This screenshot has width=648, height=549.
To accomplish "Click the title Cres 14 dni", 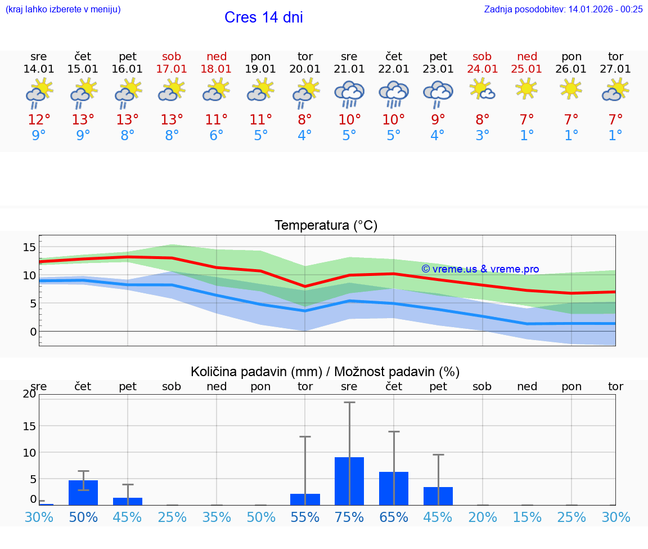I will (263, 17).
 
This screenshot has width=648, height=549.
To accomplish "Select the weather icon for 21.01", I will (349, 93).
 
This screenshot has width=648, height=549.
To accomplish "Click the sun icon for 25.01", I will (526, 88).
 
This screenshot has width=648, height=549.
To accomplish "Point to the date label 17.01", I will (172, 69).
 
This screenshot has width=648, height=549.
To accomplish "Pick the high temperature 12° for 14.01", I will (39, 120).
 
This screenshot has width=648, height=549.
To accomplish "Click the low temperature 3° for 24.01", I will (482, 136).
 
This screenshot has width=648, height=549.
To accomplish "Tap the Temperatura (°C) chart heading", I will (326, 226).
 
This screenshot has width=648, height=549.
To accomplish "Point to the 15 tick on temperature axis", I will (29, 247).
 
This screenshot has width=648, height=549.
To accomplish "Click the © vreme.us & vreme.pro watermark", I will (480, 269).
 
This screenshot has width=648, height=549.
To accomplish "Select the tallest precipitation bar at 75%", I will (349, 481).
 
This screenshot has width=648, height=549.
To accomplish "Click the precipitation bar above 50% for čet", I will (83, 492).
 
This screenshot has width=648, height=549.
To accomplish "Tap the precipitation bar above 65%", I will (394, 488).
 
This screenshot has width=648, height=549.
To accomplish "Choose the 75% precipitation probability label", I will (349, 517).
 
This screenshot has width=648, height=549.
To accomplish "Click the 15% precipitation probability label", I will (527, 517).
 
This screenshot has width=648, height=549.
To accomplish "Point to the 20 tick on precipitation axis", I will (29, 394).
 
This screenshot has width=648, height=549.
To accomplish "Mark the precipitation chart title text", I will (325, 372).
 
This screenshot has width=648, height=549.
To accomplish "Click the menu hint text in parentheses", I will (63, 9).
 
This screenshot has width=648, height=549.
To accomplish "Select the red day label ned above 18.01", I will (217, 56).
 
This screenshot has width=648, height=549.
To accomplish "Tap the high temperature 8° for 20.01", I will (305, 120).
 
